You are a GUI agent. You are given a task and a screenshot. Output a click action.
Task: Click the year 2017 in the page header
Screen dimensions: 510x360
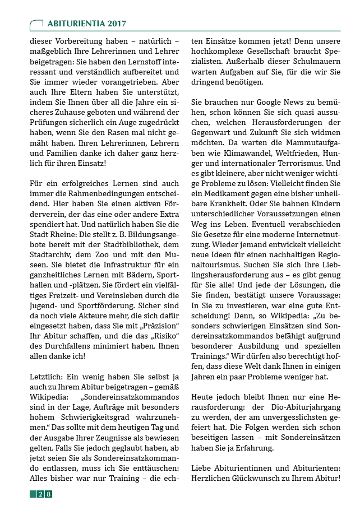pyautogui.click(x=115, y=24)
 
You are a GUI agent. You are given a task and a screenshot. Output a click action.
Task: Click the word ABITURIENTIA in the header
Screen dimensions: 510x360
pyautogui.click(x=74, y=24)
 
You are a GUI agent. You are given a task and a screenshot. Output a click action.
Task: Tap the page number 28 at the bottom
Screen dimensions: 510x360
pyautogui.click(x=44, y=494)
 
